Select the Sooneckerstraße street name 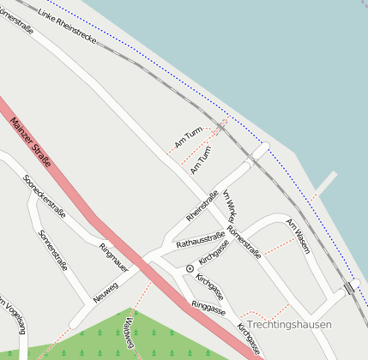tap(45, 195)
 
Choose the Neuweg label tap(106, 293)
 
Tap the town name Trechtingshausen tap(288, 324)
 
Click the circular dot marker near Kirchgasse tap(190, 268)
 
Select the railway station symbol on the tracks tap(349, 288)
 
